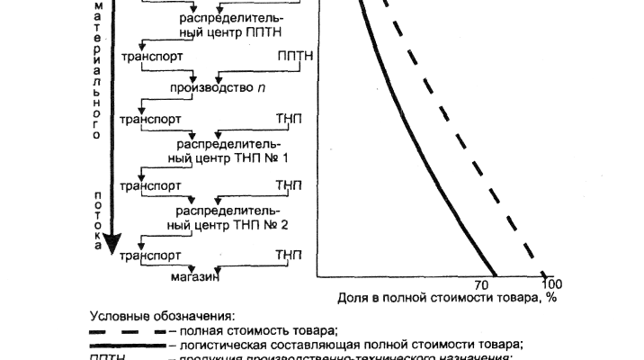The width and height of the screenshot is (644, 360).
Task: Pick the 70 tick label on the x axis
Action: click(x=480, y=283)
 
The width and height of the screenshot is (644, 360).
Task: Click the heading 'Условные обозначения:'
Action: click(x=162, y=317)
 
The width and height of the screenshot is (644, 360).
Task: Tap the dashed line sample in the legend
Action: click(x=127, y=330)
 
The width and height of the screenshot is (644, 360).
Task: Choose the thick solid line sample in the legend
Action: click(x=127, y=344)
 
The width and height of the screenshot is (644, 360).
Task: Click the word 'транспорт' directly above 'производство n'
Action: click(x=151, y=56)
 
